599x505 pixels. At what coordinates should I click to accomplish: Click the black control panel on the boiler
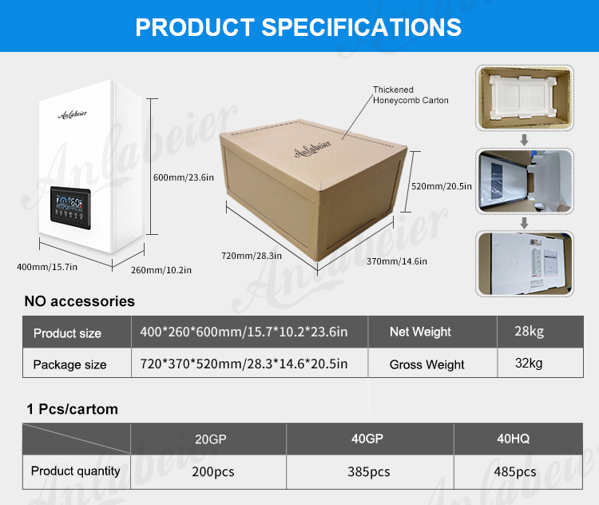(x=70, y=208)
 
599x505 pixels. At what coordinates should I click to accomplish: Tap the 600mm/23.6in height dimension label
(x=184, y=177)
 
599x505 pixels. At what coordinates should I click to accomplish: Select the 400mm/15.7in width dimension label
(x=47, y=267)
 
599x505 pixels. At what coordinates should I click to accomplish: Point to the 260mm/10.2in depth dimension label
(x=161, y=270)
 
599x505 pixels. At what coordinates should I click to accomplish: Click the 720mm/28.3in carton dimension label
(x=252, y=256)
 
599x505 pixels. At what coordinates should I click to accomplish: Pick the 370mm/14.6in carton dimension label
(x=397, y=261)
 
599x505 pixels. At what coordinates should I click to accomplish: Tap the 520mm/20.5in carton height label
(x=441, y=186)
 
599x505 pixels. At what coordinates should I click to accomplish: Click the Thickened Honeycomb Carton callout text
(x=411, y=95)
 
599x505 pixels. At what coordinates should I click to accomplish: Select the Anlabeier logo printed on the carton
(x=313, y=149)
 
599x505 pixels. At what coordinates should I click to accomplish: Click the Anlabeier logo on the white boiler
(x=73, y=114)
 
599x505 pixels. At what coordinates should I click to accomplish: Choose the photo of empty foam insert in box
(x=525, y=98)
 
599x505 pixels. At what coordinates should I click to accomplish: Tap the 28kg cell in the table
(x=529, y=331)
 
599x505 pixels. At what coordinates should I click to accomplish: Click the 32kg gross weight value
(x=529, y=363)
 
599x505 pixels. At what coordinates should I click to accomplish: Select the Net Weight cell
(x=420, y=332)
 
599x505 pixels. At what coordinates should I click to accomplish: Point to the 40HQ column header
(x=513, y=439)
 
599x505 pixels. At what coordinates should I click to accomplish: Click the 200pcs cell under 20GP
(x=213, y=471)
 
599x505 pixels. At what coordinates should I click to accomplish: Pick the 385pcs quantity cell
(x=369, y=471)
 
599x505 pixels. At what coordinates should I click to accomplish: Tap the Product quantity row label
(x=76, y=471)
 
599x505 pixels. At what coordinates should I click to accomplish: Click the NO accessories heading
(x=79, y=301)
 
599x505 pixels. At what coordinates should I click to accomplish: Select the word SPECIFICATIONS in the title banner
(x=361, y=27)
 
